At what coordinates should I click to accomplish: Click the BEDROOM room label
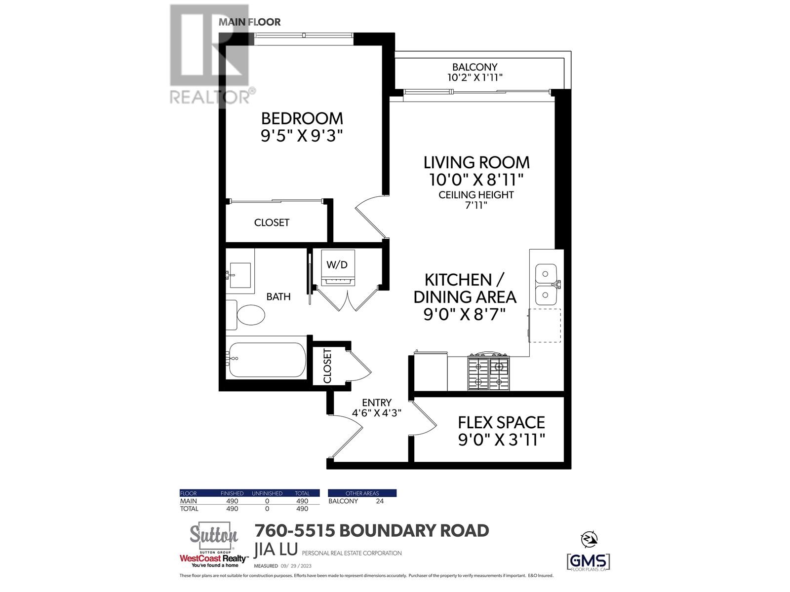click(x=302, y=118)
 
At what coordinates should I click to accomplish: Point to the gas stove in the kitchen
click(x=488, y=371)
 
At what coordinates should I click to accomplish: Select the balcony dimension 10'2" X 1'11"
click(x=474, y=77)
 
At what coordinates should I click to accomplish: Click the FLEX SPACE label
click(x=501, y=422)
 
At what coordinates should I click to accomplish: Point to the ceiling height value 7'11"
click(x=476, y=205)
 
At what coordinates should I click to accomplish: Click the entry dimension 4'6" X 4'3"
click(x=376, y=413)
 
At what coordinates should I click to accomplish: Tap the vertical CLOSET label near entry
click(x=327, y=366)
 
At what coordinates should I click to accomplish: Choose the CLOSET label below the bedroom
click(x=272, y=222)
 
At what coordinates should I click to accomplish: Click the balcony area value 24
click(x=379, y=501)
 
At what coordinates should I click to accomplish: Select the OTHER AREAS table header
click(x=362, y=493)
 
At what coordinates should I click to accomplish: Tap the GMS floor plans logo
click(x=588, y=561)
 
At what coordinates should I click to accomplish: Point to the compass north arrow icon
click(x=589, y=539)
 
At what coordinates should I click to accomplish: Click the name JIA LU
click(x=276, y=549)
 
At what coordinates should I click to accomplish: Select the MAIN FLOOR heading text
click(x=249, y=22)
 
